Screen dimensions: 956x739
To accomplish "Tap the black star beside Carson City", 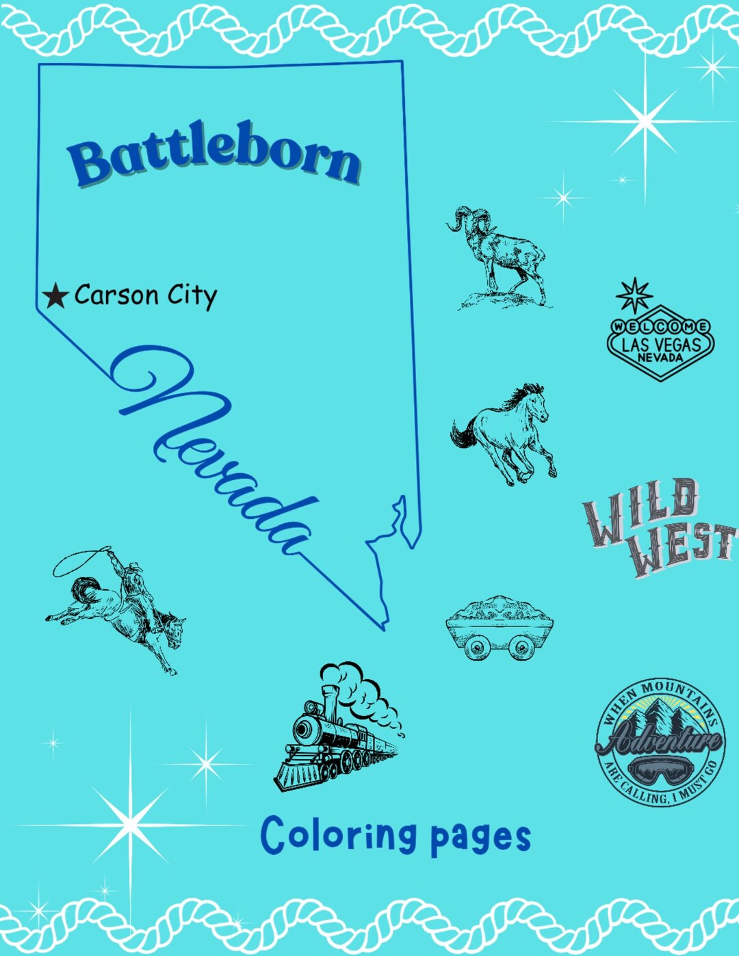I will pyautogui.click(x=55, y=296).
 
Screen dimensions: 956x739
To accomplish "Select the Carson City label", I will pyautogui.click(x=145, y=295).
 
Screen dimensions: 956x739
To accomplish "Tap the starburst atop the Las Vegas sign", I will pyautogui.click(x=634, y=295).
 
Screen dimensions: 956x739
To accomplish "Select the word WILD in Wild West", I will pyautogui.click(x=640, y=509).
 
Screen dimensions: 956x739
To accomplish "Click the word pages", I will pyautogui.click(x=480, y=838).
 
